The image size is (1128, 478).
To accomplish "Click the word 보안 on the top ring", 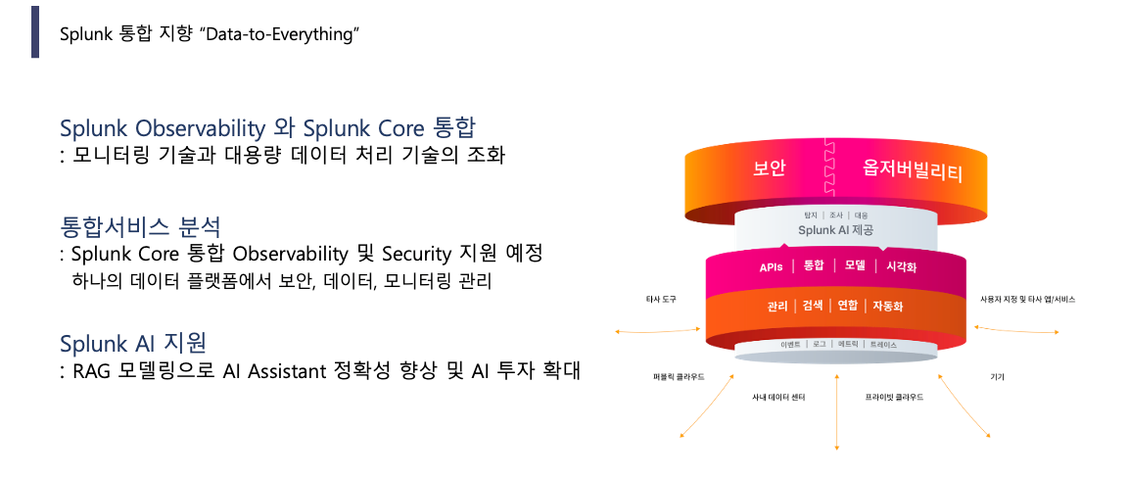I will (x=769, y=168).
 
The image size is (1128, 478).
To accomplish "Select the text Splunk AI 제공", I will (x=835, y=230).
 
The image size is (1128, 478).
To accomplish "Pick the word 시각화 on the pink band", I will (x=901, y=266).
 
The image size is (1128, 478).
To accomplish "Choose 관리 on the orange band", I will (x=778, y=306).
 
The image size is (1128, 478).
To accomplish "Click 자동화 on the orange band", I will (x=887, y=306).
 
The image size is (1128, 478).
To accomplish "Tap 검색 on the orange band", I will (x=812, y=306).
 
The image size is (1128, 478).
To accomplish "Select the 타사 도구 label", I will (x=661, y=299).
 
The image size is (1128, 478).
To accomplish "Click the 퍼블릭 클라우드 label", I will (x=679, y=376).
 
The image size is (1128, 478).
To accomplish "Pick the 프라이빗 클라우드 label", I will (x=894, y=398).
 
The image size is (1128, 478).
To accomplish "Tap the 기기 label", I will (x=997, y=376).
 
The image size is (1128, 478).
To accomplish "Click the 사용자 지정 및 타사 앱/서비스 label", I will (x=1027, y=299).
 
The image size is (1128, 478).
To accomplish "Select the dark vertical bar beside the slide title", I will (x=35, y=31).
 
